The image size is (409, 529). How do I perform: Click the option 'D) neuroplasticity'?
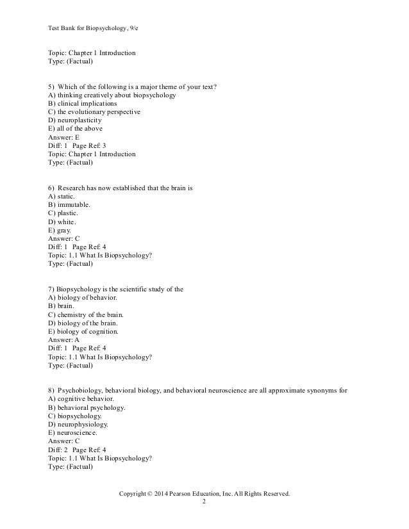click(74, 120)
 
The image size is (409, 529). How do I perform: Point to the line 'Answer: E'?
click(64, 137)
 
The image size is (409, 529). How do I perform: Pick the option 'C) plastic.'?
click(63, 213)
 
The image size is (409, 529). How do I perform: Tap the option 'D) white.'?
click(62, 221)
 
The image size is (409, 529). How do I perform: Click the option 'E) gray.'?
click(60, 229)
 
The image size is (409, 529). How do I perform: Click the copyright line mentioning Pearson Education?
click(204, 494)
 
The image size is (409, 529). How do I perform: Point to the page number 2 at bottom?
click(204, 503)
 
